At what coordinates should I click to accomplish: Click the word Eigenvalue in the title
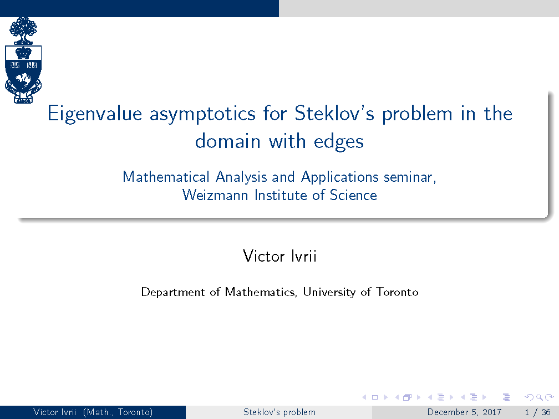tap(95, 114)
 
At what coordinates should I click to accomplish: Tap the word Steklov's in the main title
tap(334, 113)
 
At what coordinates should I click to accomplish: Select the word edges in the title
tap(339, 142)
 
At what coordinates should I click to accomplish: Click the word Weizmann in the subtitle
tap(215, 195)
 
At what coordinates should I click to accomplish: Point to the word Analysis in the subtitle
tap(241, 177)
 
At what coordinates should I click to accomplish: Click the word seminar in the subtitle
tap(409, 177)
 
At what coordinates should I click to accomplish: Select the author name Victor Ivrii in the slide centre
tap(279, 256)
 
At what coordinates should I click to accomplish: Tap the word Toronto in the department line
tap(398, 292)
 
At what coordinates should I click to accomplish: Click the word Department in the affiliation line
tap(173, 292)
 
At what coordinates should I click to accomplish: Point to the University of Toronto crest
tap(23, 60)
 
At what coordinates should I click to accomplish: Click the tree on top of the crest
tap(23, 30)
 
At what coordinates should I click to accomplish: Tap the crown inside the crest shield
tap(23, 53)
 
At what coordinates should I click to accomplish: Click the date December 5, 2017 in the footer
tap(464, 412)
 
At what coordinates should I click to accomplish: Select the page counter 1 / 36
tap(537, 412)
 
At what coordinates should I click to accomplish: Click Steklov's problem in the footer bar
tap(279, 412)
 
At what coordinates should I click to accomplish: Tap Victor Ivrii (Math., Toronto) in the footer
tap(93, 412)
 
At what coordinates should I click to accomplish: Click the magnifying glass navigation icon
tap(539, 397)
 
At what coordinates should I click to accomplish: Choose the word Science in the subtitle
tap(353, 195)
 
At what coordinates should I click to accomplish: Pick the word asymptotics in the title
tap(202, 114)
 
